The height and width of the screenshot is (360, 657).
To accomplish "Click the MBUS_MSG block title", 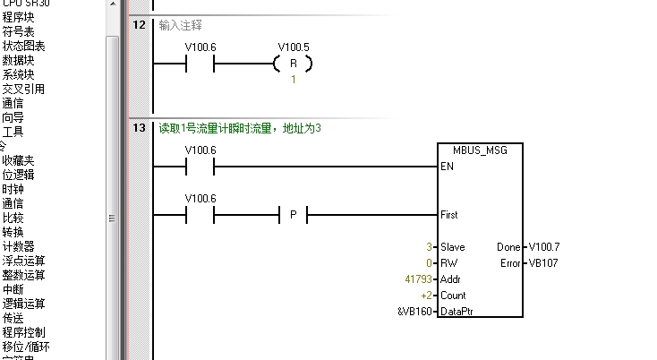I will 482,150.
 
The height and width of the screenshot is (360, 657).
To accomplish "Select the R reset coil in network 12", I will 293,64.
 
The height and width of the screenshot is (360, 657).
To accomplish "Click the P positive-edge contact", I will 293,215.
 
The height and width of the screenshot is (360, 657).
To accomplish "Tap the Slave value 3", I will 430,246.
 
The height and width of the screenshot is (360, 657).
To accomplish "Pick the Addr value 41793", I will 419,279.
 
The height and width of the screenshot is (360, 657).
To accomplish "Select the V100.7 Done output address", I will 544,246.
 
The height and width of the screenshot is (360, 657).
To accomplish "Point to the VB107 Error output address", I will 544,262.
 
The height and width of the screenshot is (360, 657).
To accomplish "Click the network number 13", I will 139,128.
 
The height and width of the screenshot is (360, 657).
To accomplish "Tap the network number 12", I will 139,24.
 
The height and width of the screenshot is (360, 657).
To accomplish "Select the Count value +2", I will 428,295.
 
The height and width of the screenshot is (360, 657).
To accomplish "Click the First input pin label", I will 449,215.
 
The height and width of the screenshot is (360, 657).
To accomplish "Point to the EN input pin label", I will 447,167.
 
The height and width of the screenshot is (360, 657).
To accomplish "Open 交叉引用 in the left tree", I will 23,89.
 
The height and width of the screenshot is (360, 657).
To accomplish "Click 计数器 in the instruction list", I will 18,246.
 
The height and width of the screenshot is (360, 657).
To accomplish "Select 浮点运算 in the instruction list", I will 23,261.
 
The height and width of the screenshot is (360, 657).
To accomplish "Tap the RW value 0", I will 430,262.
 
